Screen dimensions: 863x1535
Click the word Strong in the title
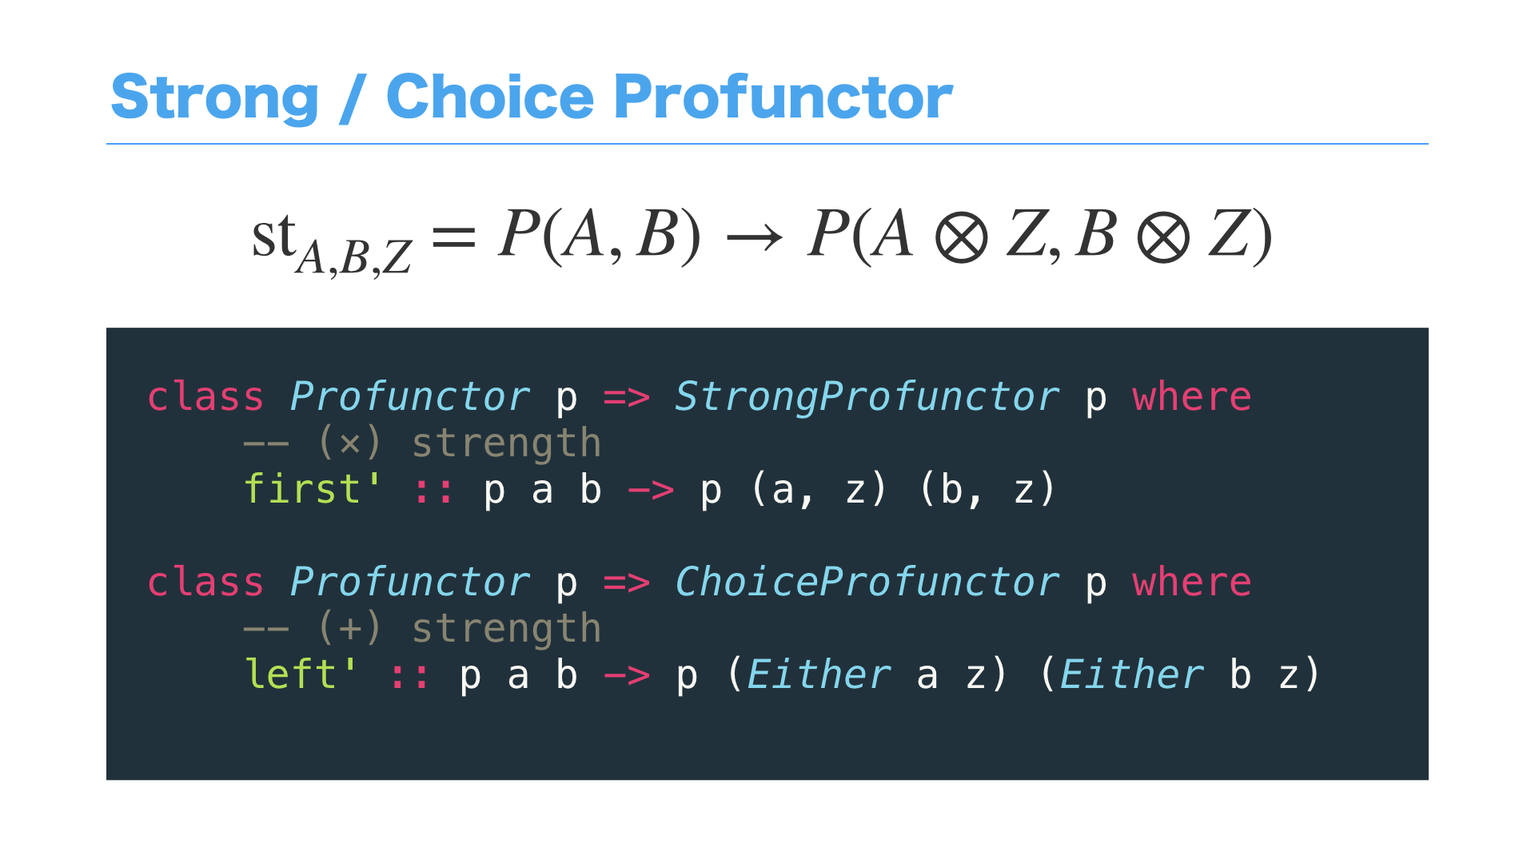click(x=214, y=97)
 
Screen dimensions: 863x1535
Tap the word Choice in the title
click(x=489, y=97)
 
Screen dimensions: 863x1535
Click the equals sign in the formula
click(x=453, y=237)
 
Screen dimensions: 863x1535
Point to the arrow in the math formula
click(x=754, y=237)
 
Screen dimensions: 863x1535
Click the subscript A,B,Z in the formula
click(x=353, y=257)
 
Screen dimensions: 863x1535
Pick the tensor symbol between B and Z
click(x=1163, y=238)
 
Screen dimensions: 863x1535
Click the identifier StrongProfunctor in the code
click(x=867, y=397)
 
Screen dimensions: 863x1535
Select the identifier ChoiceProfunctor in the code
click(x=867, y=583)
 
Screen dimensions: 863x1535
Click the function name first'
click(x=313, y=489)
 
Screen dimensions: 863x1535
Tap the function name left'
click(x=301, y=675)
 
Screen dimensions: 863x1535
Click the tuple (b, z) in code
click(x=987, y=490)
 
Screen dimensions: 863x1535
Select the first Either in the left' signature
click(x=819, y=675)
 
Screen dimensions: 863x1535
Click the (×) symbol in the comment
click(x=349, y=443)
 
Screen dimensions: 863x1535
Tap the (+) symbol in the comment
click(x=349, y=629)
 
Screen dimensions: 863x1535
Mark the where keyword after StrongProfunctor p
click(x=1191, y=397)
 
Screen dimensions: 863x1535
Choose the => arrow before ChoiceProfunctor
click(x=626, y=583)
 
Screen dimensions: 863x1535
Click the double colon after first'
click(x=434, y=491)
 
